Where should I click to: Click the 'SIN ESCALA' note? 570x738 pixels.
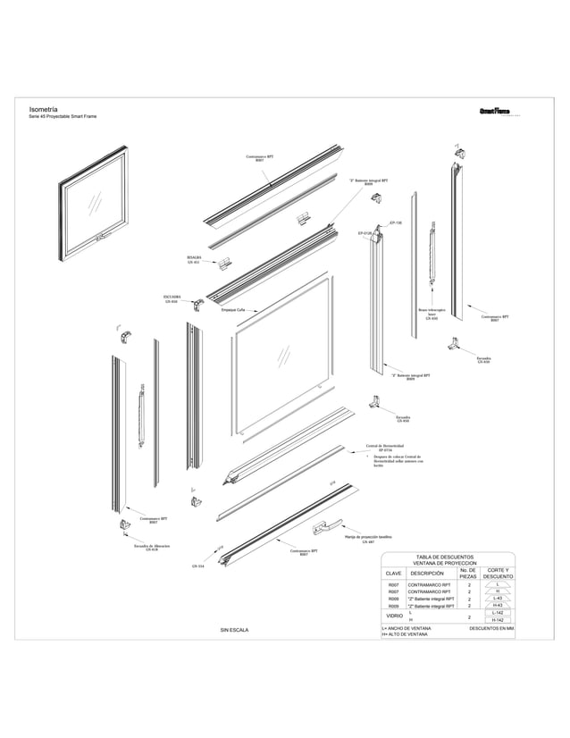pos(234,630)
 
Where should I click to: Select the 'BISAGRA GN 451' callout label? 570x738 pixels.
pos(194,260)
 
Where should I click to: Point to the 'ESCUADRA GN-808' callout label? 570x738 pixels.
pos(172,298)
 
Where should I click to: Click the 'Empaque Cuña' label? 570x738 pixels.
pos(233,310)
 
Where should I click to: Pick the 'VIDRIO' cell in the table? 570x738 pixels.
pos(393,616)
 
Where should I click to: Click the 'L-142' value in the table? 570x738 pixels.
pos(499,612)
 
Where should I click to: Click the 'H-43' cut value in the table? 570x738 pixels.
pos(499,605)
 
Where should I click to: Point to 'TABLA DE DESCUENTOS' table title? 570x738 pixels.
pos(445,558)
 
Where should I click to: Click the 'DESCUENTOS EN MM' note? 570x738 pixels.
pos(491,628)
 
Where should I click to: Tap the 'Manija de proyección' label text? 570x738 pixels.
pos(368,538)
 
